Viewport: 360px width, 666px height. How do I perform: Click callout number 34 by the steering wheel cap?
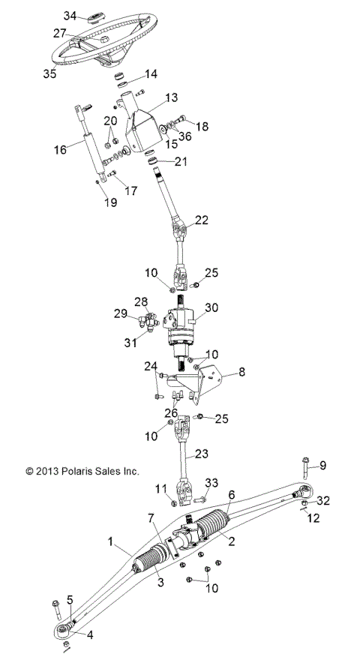(x=70, y=16)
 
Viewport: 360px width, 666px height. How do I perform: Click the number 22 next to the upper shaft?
(x=202, y=220)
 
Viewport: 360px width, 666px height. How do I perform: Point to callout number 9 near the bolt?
(x=323, y=466)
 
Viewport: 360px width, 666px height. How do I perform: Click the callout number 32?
(x=323, y=500)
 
